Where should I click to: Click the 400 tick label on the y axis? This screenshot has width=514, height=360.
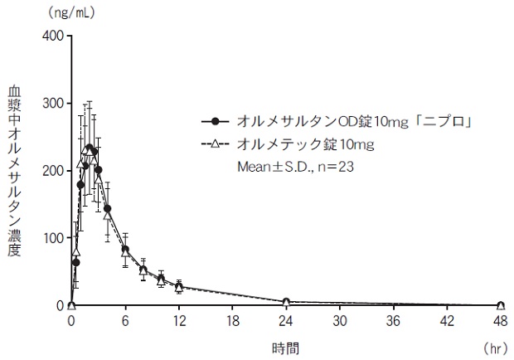(52, 36)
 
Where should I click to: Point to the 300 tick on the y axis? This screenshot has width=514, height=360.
(52, 103)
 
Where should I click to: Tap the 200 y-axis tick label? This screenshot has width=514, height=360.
(52, 170)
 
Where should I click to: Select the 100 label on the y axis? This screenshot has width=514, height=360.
(52, 238)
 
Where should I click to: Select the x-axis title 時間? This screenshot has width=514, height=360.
(286, 348)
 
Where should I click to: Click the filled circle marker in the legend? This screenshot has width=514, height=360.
(216, 121)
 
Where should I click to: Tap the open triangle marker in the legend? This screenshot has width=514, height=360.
(216, 144)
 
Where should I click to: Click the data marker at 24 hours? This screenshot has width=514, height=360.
(286, 302)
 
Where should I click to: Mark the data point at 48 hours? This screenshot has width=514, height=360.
(501, 305)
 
